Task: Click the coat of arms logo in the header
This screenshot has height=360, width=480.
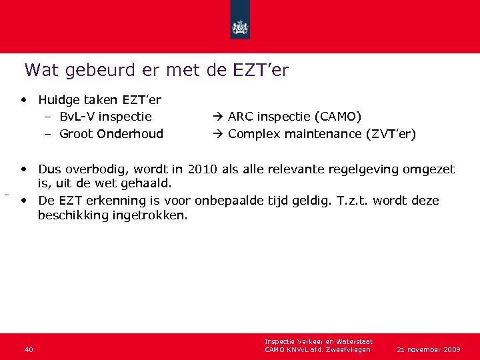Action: pos(239,27)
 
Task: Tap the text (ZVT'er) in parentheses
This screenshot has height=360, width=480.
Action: pos(393,134)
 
